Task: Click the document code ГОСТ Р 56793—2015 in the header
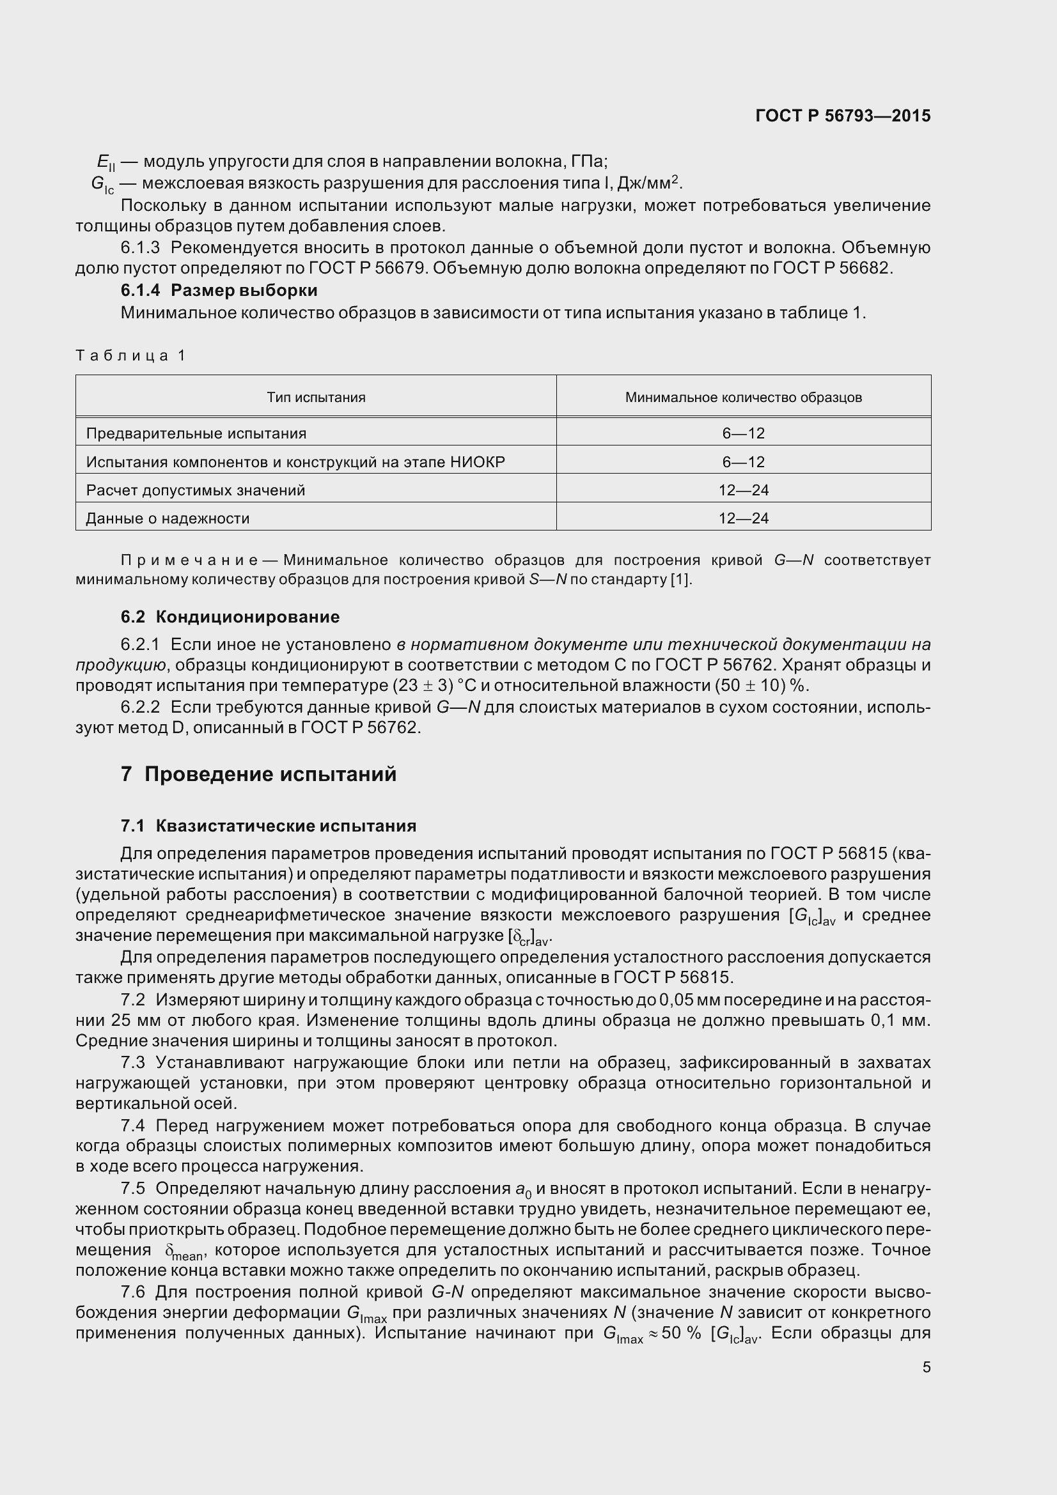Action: [843, 116]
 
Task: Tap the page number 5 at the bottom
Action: [926, 1367]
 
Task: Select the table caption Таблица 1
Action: [131, 355]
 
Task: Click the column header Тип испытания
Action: [316, 397]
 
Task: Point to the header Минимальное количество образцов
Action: [743, 397]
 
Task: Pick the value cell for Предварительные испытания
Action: [743, 433]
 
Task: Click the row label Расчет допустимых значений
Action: [196, 490]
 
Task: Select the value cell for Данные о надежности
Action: [743, 518]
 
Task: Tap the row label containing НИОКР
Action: [295, 461]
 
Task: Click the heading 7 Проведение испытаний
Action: [258, 774]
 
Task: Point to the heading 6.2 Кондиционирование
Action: [230, 617]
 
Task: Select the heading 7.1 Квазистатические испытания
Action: [269, 826]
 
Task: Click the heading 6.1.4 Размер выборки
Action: [219, 290]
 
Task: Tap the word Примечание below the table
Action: [189, 561]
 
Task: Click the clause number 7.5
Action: [133, 1188]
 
